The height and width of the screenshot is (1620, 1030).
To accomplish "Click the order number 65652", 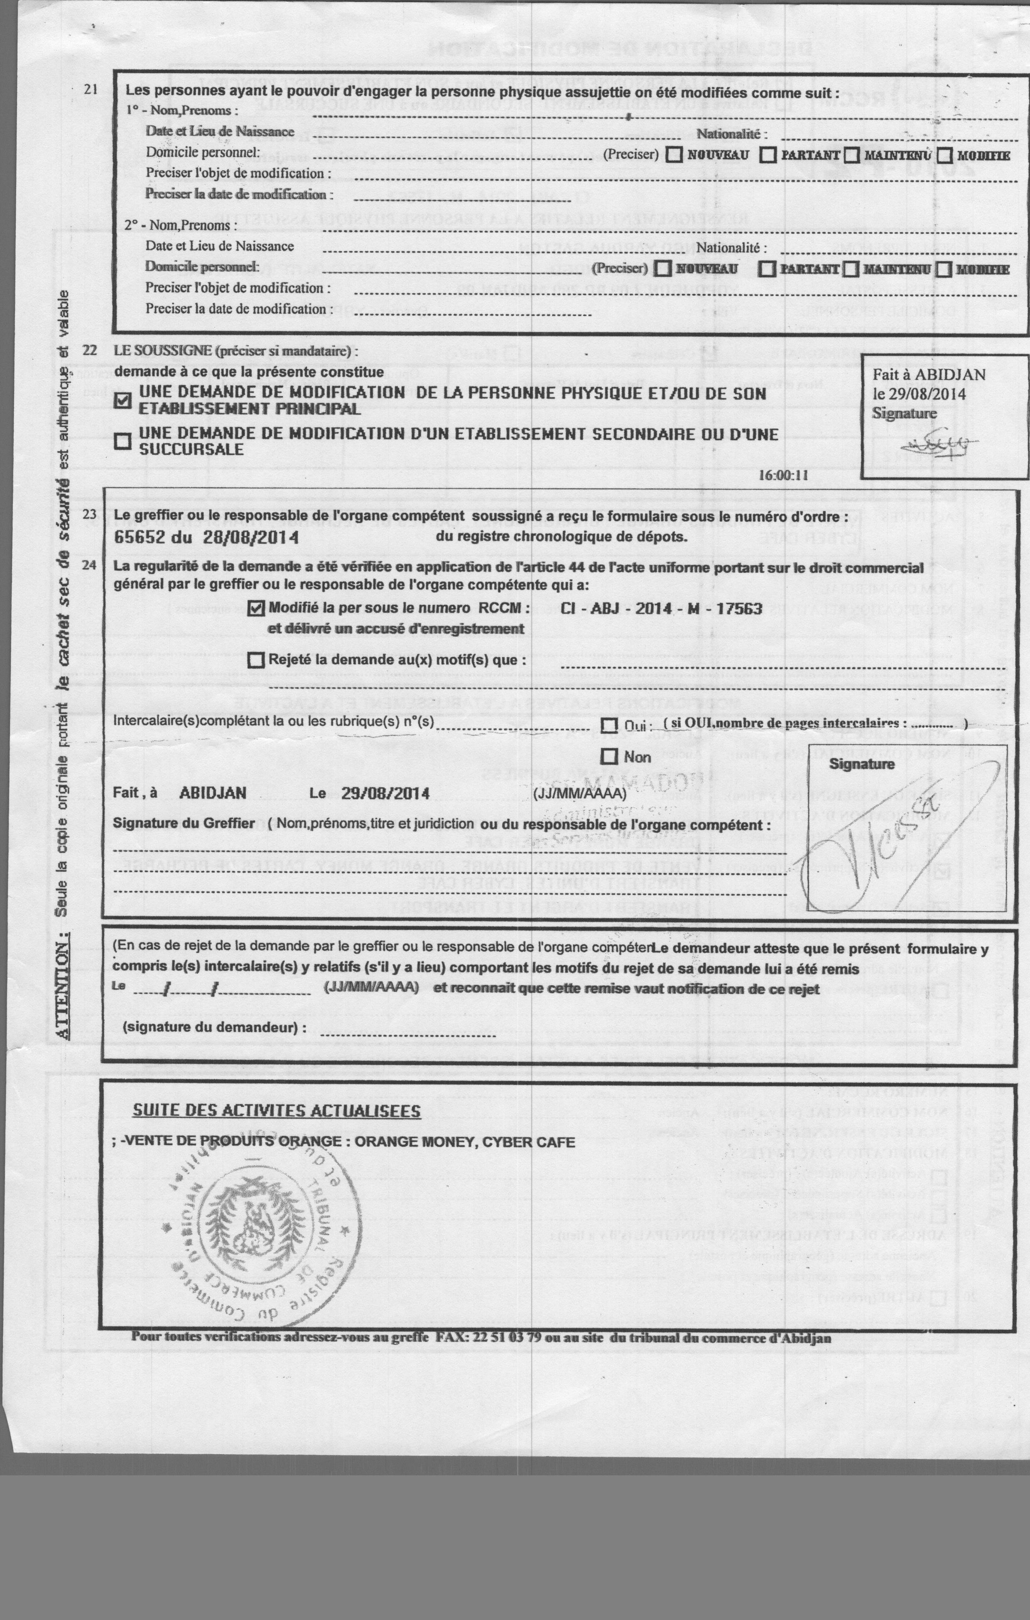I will (138, 537).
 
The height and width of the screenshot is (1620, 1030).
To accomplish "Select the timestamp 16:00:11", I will (782, 475).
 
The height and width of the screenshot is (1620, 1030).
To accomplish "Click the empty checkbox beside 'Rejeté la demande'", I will (255, 660).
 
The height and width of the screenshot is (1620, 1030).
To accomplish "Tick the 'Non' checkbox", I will (609, 756).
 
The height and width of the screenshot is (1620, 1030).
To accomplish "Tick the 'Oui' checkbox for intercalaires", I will (609, 725).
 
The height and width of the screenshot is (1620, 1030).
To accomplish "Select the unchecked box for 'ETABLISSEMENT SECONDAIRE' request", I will (123, 441).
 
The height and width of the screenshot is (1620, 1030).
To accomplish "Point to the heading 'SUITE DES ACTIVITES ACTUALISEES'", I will (276, 1111).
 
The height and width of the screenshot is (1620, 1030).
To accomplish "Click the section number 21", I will (91, 89).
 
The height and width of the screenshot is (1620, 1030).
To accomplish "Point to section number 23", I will (89, 515).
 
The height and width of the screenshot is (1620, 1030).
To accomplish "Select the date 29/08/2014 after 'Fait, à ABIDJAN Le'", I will (385, 793).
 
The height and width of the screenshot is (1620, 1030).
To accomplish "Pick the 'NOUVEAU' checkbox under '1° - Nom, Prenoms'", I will (674, 155).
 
